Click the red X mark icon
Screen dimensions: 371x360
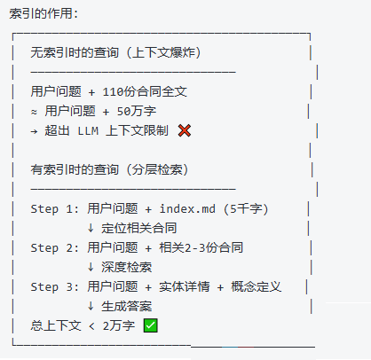tap(185, 130)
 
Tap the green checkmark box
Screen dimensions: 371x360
tap(150, 325)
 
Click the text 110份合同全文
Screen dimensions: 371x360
tap(145, 91)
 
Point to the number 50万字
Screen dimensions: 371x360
tap(137, 111)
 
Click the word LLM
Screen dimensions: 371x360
tap(88, 131)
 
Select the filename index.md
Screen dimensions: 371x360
tap(187, 209)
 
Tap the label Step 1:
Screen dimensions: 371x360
tap(55, 209)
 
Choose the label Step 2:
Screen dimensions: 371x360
tap(55, 248)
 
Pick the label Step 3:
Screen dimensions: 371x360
tap(55, 287)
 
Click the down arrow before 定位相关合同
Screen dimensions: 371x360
tap(91, 228)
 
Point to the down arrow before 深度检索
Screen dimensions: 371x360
tap(91, 267)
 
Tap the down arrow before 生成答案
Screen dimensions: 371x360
tap(91, 306)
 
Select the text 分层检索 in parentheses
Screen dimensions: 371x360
tap(157, 169)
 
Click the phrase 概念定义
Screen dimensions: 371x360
tap(257, 286)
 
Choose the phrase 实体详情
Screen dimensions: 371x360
tap(185, 286)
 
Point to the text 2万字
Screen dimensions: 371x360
tap(119, 325)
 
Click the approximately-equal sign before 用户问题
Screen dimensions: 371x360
tap(34, 112)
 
